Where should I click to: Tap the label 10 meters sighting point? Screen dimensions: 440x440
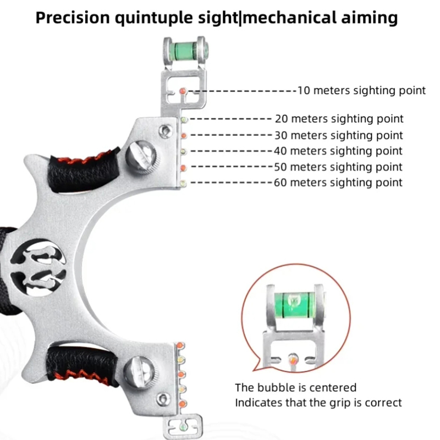coord(361,90)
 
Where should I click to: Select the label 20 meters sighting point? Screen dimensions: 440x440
coord(339,119)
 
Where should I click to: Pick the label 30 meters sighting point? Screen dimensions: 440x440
coord(339,135)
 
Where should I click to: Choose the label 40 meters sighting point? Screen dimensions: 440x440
coord(339,151)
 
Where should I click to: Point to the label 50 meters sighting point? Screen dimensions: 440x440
coord(339,167)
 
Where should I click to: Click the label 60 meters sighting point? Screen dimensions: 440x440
coord(339,182)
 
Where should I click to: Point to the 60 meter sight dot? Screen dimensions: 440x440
coord(183,182)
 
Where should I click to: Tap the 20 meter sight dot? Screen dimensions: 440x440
coord(184,119)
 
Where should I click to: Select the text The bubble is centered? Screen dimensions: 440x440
coord(296,388)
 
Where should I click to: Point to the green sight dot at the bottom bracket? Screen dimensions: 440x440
coord(182,424)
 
